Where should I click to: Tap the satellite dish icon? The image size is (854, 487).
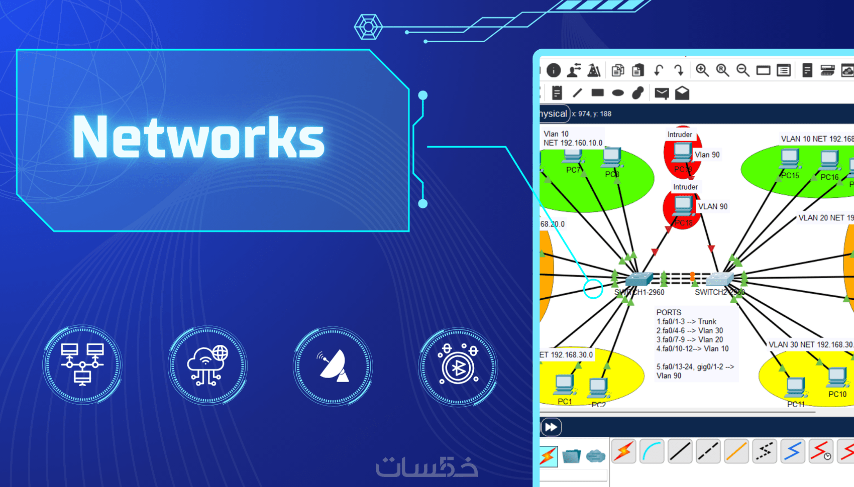pyautogui.click(x=333, y=366)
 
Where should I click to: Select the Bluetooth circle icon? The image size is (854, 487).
pyautogui.click(x=458, y=367)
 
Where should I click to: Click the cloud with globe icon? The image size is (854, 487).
pyautogui.click(x=207, y=366)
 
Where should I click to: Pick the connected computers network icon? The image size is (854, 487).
pyautogui.click(x=82, y=364)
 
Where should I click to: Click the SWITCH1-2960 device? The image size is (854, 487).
pyautogui.click(x=638, y=278)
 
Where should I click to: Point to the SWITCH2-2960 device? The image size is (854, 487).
pyautogui.click(x=720, y=278)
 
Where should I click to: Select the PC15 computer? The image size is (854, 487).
pyautogui.click(x=790, y=160)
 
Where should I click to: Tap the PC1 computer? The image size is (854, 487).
pyautogui.click(x=564, y=386)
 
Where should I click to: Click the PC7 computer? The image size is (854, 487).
pyautogui.click(x=572, y=157)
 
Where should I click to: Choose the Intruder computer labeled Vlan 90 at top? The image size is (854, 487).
pyautogui.click(x=682, y=152)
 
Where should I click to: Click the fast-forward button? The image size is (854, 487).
pyautogui.click(x=551, y=427)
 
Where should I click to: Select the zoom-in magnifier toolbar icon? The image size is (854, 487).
pyautogui.click(x=702, y=70)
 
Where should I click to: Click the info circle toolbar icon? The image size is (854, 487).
pyautogui.click(x=554, y=70)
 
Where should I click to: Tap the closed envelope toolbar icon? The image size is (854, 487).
pyautogui.click(x=662, y=93)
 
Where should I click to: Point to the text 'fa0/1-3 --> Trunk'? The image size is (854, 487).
pyautogui.click(x=690, y=321)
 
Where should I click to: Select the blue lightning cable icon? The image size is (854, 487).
pyautogui.click(x=793, y=451)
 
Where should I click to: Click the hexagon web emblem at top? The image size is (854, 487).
pyautogui.click(x=368, y=27)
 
